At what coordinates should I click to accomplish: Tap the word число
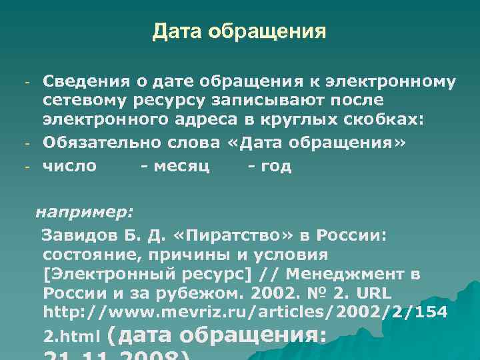tap(69, 166)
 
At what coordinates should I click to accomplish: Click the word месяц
tap(182, 166)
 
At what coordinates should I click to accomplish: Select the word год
tap(277, 166)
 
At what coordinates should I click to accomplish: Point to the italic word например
tap(84, 212)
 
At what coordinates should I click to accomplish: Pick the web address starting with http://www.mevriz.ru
tap(245, 311)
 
